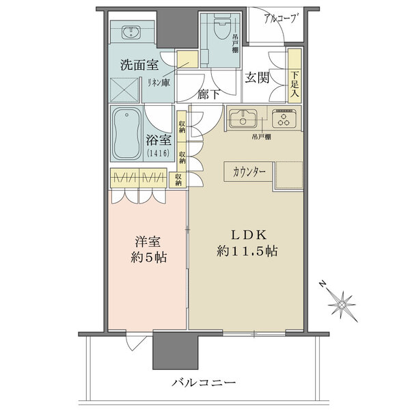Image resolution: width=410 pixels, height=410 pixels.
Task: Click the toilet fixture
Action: [x=222, y=26]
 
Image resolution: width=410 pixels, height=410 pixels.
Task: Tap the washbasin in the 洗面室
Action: [x=131, y=32]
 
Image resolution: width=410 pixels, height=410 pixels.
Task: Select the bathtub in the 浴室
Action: [x=126, y=134]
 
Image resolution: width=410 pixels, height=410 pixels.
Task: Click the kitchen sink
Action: [x=243, y=119]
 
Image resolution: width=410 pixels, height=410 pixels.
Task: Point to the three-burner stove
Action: [x=284, y=119]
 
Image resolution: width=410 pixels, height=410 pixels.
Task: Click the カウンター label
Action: [x=249, y=172]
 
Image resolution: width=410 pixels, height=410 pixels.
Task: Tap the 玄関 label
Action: [x=257, y=77]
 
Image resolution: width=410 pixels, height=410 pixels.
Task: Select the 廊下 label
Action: [x=208, y=94]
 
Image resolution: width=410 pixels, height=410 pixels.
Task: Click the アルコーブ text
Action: [x=281, y=18]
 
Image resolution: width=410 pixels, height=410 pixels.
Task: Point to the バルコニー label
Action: [x=204, y=383]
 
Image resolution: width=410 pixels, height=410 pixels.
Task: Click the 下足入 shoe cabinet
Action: [x=295, y=76]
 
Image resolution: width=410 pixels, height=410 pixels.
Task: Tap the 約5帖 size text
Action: [x=149, y=258]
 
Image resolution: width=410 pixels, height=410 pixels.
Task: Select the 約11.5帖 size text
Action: [x=247, y=251]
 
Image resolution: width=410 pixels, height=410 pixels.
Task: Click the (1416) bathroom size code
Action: [x=159, y=153]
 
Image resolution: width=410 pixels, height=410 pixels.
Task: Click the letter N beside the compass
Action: [x=323, y=284]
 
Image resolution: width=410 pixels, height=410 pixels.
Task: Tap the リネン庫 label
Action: [x=159, y=83]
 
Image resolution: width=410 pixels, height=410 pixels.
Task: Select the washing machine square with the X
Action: [x=124, y=90]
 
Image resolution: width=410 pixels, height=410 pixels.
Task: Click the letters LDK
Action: [x=249, y=235]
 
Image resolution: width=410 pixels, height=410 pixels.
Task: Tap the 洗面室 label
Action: [x=139, y=64]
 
